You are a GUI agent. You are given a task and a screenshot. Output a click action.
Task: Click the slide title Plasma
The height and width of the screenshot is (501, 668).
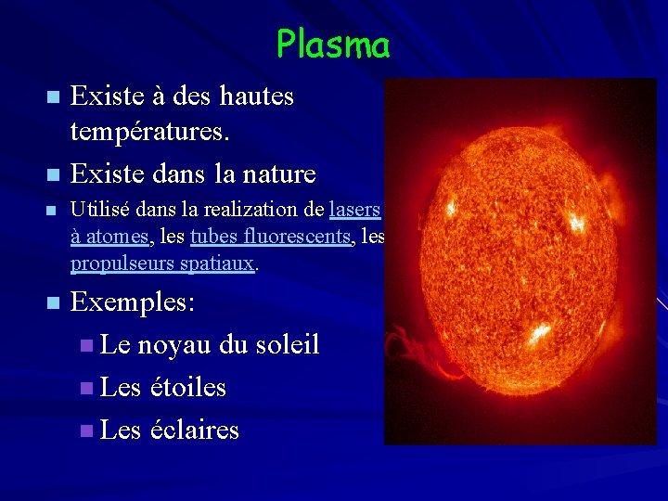pos(333,44)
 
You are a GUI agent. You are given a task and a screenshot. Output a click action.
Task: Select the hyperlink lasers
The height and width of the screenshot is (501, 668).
pos(355,211)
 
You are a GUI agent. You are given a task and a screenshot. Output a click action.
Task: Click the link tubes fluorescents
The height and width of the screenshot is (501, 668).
pos(271,238)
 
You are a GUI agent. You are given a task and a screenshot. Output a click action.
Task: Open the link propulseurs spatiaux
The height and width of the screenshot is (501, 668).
pos(163,264)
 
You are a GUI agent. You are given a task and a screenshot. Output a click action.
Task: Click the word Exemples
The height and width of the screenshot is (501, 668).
pos(133,302)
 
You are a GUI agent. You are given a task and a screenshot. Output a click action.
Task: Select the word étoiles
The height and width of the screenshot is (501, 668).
pos(188,387)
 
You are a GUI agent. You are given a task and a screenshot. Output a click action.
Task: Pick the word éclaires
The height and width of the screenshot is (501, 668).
pos(194,430)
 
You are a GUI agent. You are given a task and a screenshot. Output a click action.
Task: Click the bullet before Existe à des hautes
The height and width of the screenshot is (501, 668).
pos(53,96)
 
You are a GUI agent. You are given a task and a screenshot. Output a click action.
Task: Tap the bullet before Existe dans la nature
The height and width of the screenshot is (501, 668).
pos(53,174)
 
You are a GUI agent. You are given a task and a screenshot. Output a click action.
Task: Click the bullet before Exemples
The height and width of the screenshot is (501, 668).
pos(53,303)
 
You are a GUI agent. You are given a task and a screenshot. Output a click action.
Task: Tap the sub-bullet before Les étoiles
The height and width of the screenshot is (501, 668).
pos(86,388)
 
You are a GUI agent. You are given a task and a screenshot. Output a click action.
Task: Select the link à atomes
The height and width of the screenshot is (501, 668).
pos(109,238)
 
